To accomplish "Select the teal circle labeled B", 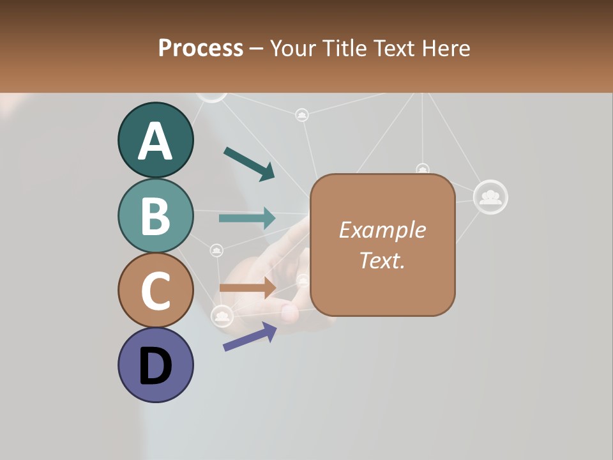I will [x=155, y=215].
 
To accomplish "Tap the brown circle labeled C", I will [x=155, y=290].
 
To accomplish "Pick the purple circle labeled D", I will [x=155, y=365].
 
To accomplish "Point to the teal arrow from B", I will [x=247, y=218].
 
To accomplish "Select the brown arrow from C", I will [x=247, y=287].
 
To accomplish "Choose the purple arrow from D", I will [x=250, y=336].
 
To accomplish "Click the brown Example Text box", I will [x=382, y=245].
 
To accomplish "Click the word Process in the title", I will [x=201, y=48].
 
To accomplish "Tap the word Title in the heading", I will [x=345, y=48].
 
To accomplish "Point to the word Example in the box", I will [x=382, y=230].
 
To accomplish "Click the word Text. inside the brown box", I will [x=382, y=260].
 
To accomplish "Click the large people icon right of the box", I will [x=490, y=197].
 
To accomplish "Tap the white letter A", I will [x=155, y=141].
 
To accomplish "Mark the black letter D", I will [x=155, y=367].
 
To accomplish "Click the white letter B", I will [x=155, y=216].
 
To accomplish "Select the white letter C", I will [x=155, y=291].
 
